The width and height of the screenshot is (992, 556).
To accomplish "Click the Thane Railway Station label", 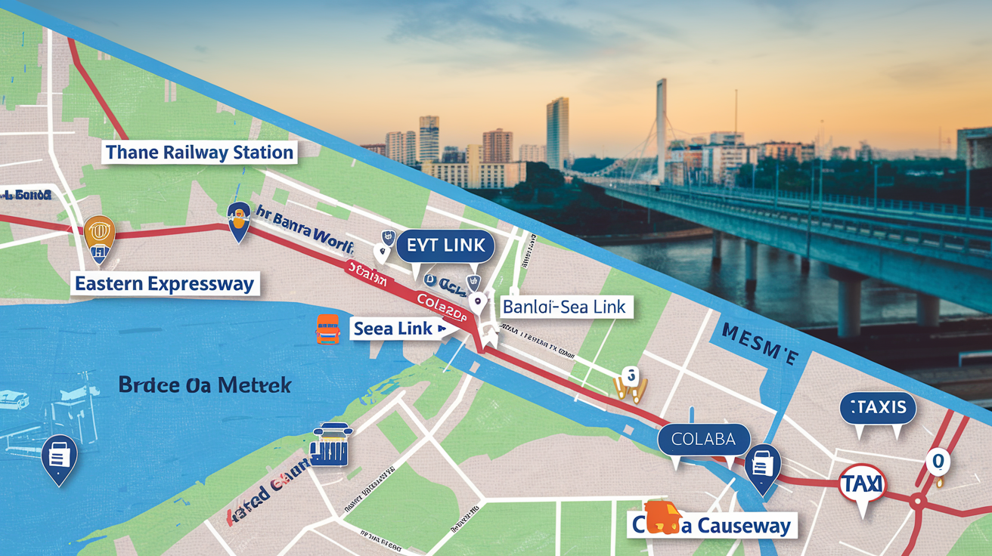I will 199,152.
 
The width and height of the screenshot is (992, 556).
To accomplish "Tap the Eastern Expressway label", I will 166,284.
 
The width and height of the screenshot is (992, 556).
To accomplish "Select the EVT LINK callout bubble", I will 445,246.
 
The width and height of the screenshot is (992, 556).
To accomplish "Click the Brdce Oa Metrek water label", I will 205,385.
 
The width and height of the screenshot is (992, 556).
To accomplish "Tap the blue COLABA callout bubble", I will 703,439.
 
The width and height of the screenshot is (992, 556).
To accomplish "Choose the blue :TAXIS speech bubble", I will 878,408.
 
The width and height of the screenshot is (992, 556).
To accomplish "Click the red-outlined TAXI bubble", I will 862,484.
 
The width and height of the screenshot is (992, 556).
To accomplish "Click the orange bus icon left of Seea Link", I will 327,329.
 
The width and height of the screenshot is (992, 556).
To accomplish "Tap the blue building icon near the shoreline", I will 332,446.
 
